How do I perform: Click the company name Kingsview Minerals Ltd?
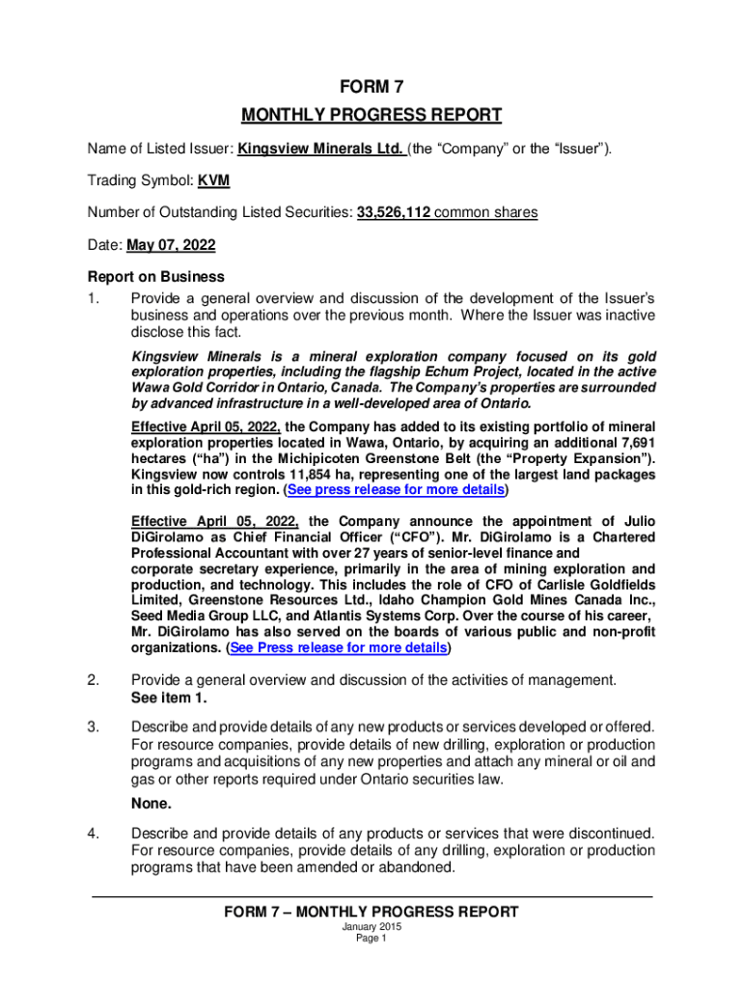coord(320,149)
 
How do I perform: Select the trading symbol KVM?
coord(213,180)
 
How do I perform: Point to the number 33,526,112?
coord(393,212)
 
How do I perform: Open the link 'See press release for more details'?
coord(395,490)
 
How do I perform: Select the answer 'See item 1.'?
coord(168,698)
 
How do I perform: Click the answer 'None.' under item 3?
coord(151,803)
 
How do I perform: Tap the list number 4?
coord(93,833)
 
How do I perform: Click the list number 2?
coord(93,680)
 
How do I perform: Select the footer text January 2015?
coord(371,927)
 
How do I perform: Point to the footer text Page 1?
coord(371,939)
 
